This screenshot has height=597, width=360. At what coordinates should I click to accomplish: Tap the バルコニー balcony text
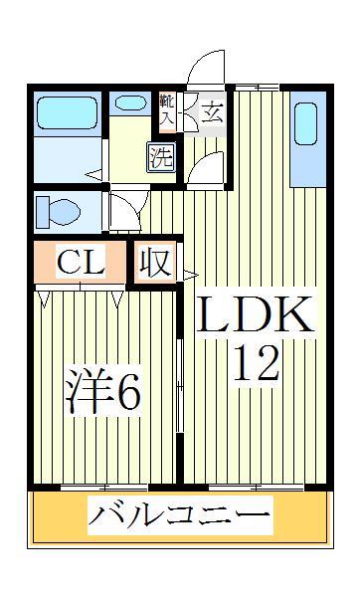[x=180, y=517]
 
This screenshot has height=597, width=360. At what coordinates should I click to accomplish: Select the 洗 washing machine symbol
[x=160, y=156]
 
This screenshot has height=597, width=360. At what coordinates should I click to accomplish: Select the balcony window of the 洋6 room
[x=104, y=488]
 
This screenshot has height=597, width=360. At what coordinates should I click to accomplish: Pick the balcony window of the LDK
[x=254, y=488]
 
